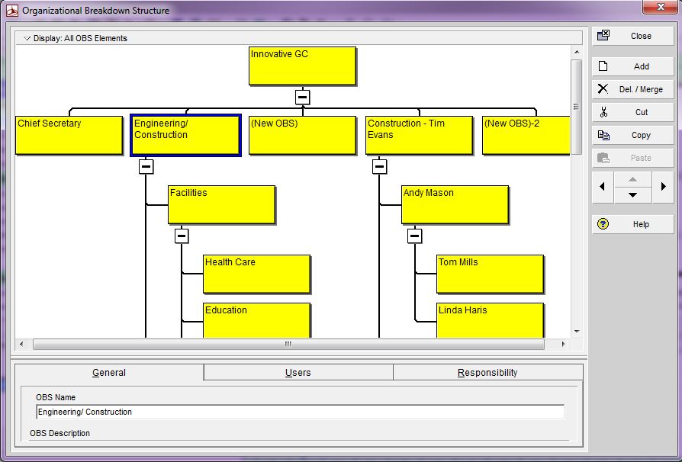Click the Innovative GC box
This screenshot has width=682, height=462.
pyautogui.click(x=302, y=66)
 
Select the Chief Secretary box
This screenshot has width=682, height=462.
pyautogui.click(x=69, y=135)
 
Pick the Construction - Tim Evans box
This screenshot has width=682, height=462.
pyautogui.click(x=419, y=135)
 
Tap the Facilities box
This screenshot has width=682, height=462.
pyautogui.click(x=221, y=204)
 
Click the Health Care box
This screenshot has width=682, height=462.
pyautogui.click(x=256, y=274)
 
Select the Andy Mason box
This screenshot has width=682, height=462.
pyautogui.click(x=455, y=204)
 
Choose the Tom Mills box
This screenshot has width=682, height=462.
pyautogui.click(x=490, y=274)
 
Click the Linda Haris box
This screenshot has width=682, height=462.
pyautogui.click(x=490, y=319)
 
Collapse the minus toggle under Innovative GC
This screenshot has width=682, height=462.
pyautogui.click(x=303, y=98)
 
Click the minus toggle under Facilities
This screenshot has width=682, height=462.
pyautogui.click(x=182, y=236)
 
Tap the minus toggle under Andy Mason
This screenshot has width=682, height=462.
pyautogui.click(x=415, y=236)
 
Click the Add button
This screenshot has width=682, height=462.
pyautogui.click(x=633, y=66)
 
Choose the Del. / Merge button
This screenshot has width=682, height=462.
pyautogui.click(x=633, y=89)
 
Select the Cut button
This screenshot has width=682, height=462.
pyautogui.click(x=633, y=112)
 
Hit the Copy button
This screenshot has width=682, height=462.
pyautogui.click(x=633, y=135)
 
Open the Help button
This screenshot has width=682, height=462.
pyautogui.click(x=633, y=224)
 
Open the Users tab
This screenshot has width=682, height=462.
pyautogui.click(x=298, y=373)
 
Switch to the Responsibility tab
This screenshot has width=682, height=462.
pyautogui.click(x=487, y=373)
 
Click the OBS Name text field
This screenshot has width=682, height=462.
pyautogui.click(x=300, y=412)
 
